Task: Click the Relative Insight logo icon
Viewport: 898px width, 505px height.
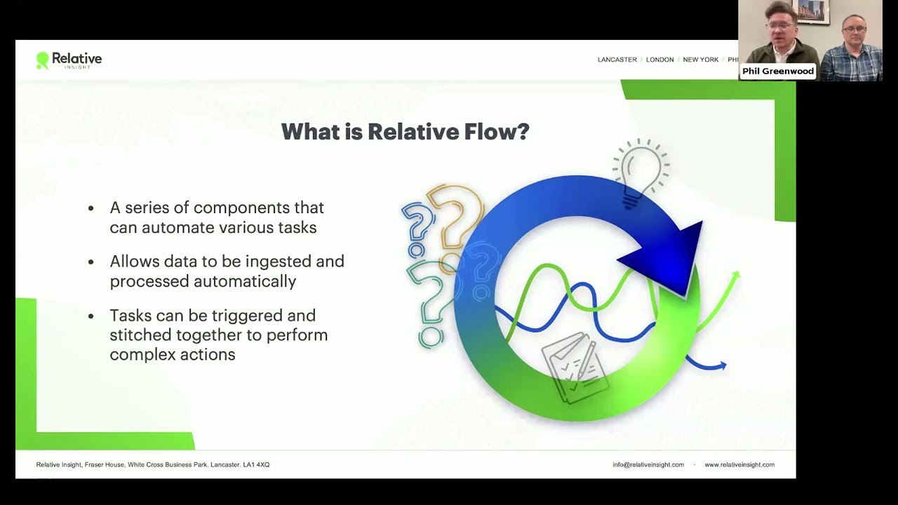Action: pos(43,60)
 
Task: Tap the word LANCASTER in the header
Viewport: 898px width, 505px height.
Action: pos(617,60)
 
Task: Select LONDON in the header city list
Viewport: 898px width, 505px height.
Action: pos(659,60)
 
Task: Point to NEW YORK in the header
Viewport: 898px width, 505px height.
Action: pos(700,60)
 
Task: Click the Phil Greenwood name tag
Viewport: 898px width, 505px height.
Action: pos(777,71)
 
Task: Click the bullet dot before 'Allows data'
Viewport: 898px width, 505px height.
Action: pos(91,262)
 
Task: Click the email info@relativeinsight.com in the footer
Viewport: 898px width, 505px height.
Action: pos(648,464)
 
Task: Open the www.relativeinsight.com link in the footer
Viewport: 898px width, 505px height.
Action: pos(739,464)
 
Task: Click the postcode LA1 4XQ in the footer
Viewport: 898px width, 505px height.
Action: pos(256,464)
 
